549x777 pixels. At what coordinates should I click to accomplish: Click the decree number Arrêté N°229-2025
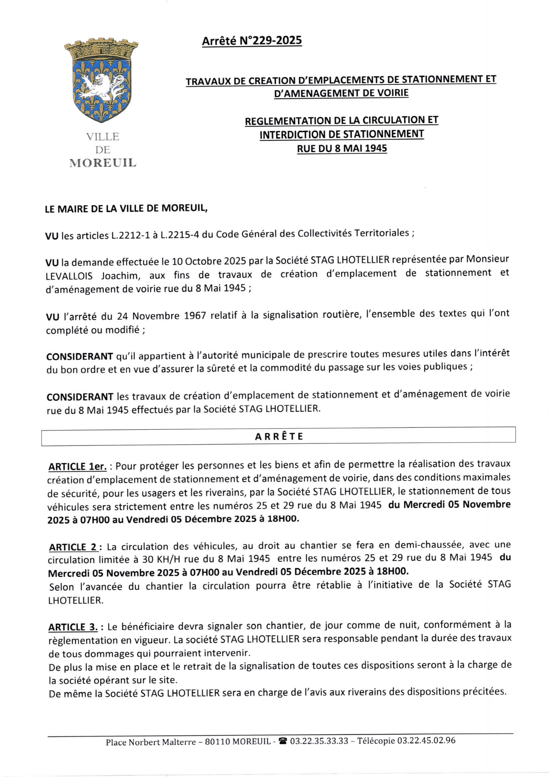[252, 41]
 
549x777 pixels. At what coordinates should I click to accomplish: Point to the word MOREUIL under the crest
[103, 163]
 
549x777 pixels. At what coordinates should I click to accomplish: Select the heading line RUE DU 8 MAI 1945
[342, 149]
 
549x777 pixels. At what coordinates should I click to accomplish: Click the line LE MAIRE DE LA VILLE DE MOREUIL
[126, 208]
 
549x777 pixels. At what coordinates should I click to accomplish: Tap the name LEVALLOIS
[69, 276]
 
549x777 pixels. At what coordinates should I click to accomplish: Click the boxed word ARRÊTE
[279, 437]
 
